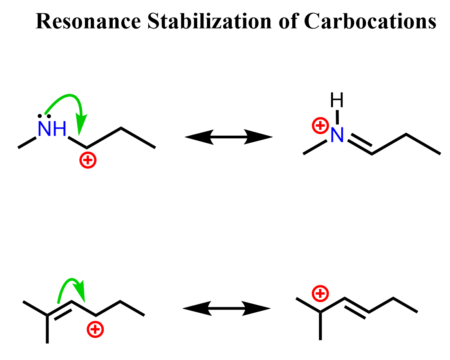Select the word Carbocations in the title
pos(369,21)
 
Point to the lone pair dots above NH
pos(46,116)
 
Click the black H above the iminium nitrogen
pos(337,101)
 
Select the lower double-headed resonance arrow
pos(227,309)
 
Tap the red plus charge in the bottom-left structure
pos(95,330)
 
